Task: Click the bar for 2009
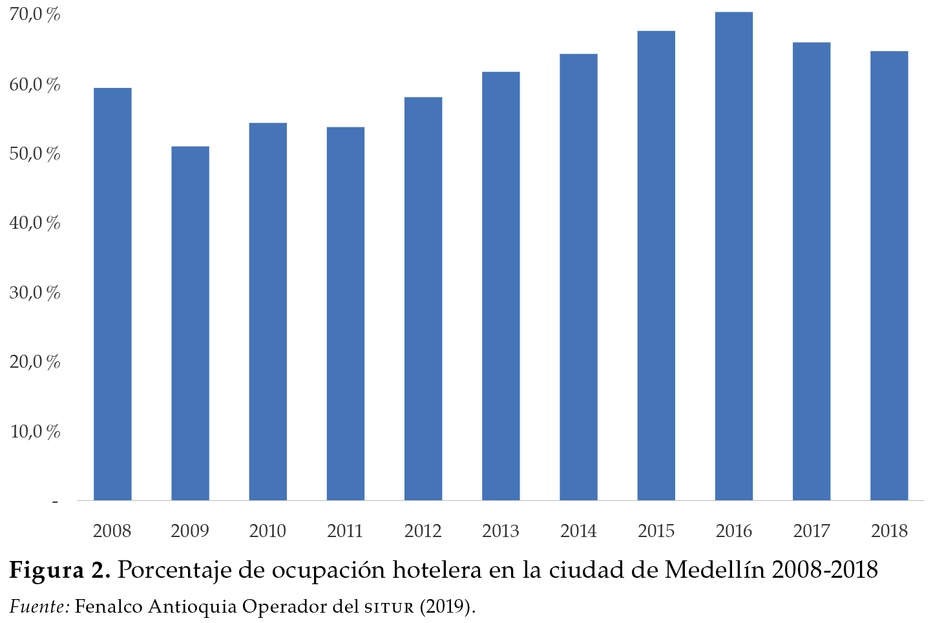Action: click(190, 323)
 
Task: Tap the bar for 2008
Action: click(112, 294)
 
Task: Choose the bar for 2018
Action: click(889, 275)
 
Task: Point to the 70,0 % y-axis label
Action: click(35, 14)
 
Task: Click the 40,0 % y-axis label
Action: click(35, 223)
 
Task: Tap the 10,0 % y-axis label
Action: click(35, 431)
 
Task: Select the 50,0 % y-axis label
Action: click(35, 154)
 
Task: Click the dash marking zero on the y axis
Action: click(55, 502)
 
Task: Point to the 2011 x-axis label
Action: click(345, 531)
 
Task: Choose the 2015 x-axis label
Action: click(656, 531)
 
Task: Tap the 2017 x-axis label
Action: click(812, 531)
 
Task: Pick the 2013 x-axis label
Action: click(501, 531)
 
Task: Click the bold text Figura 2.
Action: click(59, 570)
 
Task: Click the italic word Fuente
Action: click(39, 607)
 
